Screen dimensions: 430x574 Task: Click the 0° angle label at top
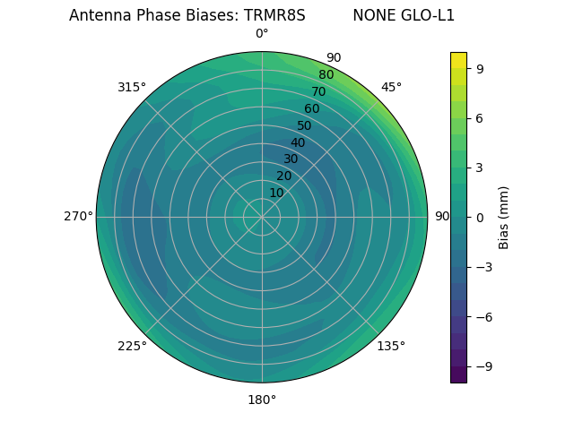coord(262,34)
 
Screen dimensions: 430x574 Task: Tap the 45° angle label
coord(391,87)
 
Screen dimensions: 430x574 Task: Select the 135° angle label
coord(391,346)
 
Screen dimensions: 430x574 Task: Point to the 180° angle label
coord(262,400)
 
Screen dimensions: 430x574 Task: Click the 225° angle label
coord(132,346)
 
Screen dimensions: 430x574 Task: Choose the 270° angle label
coord(78,217)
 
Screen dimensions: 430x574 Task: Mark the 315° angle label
coord(132,87)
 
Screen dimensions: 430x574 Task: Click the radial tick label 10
coord(276,193)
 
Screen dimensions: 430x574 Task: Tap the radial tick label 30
coord(291,159)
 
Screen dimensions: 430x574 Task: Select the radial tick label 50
coord(305,125)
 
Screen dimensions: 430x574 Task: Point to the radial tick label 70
coord(319,91)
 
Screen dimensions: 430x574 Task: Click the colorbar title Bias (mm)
coord(504,217)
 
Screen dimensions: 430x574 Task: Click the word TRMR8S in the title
coord(274,15)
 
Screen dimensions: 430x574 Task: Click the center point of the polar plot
coord(262,217)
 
